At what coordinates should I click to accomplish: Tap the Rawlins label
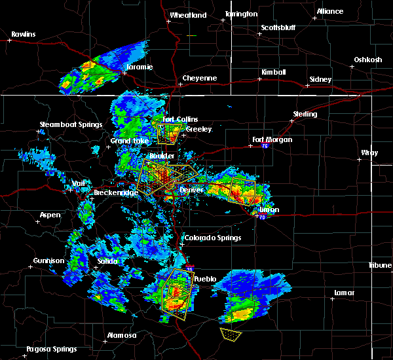pyautogui.click(x=23, y=34)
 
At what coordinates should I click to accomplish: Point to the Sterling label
pyautogui.click(x=305, y=114)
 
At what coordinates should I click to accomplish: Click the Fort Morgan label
pyautogui.click(x=272, y=139)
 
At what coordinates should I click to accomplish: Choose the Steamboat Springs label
pyautogui.click(x=71, y=124)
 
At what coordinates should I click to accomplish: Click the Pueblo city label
pyautogui.click(x=205, y=279)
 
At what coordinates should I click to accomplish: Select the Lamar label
pyautogui.click(x=344, y=293)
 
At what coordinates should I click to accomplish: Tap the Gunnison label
pyautogui.click(x=50, y=261)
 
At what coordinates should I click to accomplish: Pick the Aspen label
pyautogui.click(x=50, y=215)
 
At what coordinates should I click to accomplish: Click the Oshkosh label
pyautogui.click(x=367, y=60)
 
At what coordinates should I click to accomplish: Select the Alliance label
pyautogui.click(x=329, y=11)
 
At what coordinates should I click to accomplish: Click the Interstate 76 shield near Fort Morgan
pyautogui.click(x=265, y=147)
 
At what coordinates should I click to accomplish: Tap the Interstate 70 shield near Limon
pyautogui.click(x=261, y=217)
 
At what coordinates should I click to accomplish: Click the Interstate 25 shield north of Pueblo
pyautogui.click(x=189, y=268)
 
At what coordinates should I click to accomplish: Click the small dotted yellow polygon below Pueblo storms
pyautogui.click(x=230, y=334)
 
